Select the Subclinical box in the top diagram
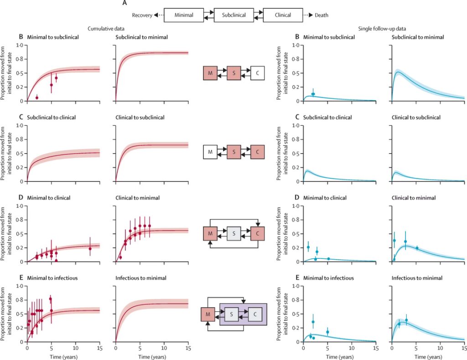[x=233, y=15]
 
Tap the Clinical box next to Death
[x=283, y=15]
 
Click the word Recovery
[x=142, y=15]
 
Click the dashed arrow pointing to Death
[x=309, y=15]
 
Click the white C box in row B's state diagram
[x=257, y=73]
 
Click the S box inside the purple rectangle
[x=233, y=314]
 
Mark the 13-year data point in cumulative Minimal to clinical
[x=90, y=249]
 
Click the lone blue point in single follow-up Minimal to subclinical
[x=313, y=94]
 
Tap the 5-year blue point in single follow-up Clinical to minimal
[x=416, y=248]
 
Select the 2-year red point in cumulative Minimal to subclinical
[x=37, y=98]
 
